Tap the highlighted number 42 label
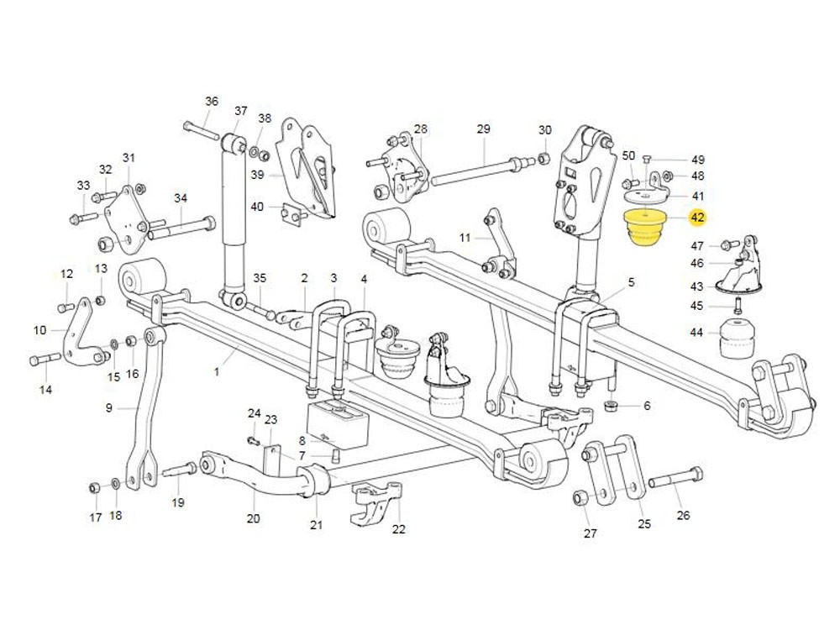(697, 218)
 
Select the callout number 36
(212, 102)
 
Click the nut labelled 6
(612, 407)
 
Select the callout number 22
(399, 528)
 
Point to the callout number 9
(108, 408)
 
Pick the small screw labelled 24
(252, 439)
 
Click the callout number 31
(129, 158)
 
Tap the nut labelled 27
(579, 497)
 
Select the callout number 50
(628, 156)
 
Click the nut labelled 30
(543, 157)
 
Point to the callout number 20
(254, 518)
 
